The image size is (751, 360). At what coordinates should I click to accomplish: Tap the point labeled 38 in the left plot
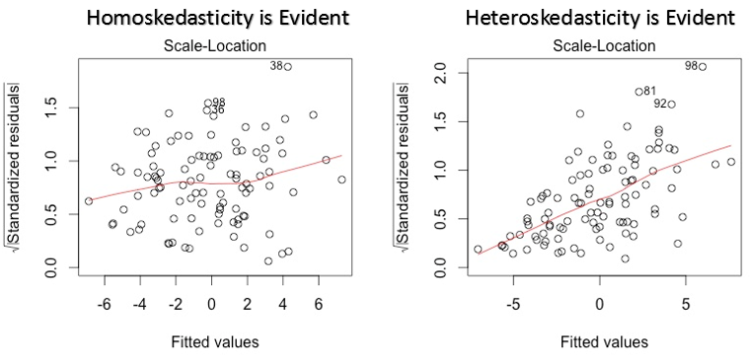tap(288, 67)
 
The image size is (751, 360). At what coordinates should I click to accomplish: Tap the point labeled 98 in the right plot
tap(703, 67)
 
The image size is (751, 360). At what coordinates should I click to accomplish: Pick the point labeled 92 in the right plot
tap(671, 104)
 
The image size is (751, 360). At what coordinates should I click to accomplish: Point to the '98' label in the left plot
tap(218, 102)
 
